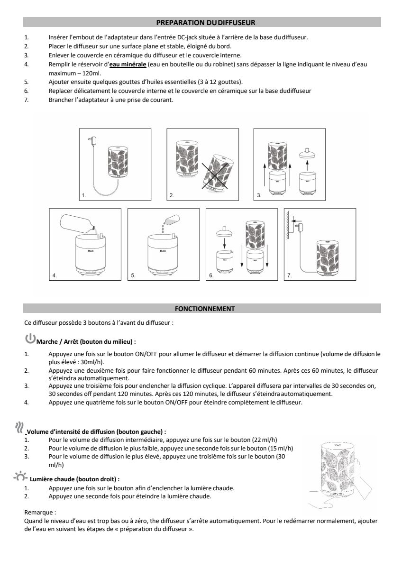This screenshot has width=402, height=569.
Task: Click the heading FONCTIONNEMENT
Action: coord(205,309)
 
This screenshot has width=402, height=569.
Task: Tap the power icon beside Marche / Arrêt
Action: coord(30,339)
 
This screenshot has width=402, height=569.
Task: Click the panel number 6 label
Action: coord(211,275)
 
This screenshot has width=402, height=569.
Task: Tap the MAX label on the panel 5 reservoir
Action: coord(163,250)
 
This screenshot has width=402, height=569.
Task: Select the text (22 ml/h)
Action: coord(266,440)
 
